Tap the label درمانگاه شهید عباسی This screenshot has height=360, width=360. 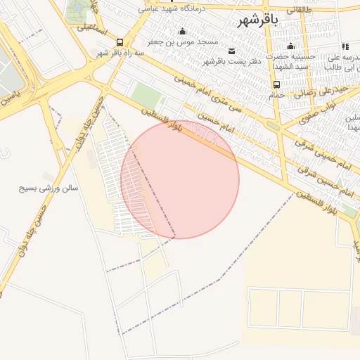point(173,8)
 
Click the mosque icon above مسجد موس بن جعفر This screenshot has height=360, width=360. point(183,31)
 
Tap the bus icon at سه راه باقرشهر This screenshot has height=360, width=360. point(120,42)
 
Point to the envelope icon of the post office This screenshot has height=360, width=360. point(232,51)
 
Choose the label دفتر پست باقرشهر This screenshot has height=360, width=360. point(232,62)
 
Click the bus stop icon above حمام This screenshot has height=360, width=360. point(276,84)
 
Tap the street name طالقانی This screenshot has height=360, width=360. point(298,9)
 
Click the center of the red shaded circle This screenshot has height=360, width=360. point(180,179)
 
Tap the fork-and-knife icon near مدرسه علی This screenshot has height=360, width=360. point(345,46)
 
